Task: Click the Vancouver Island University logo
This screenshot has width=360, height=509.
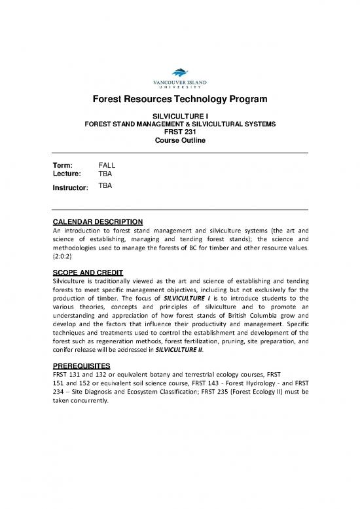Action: [x=180, y=79]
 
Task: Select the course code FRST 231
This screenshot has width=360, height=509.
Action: [x=180, y=130]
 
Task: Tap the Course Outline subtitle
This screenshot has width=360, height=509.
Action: [x=180, y=140]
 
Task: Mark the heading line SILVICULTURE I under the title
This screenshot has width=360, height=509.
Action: [x=180, y=115]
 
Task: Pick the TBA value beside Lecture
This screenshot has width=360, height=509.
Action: [x=105, y=175]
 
